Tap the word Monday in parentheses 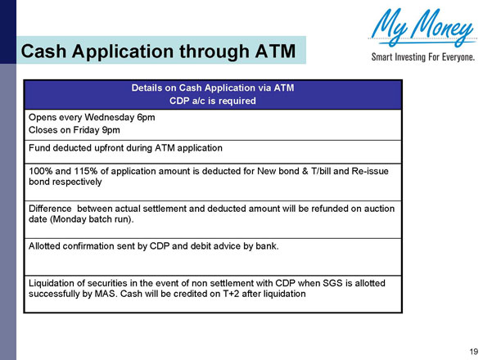[69, 220]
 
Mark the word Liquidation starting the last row [54, 282]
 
